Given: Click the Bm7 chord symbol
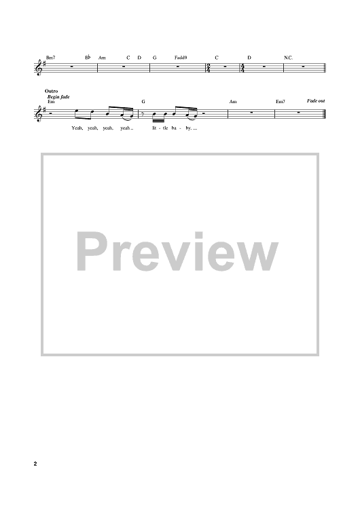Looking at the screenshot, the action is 51,58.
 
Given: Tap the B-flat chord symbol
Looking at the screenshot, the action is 88,58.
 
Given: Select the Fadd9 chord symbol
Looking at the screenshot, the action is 181,58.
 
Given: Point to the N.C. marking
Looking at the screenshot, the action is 288,58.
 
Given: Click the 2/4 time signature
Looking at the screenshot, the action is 209,68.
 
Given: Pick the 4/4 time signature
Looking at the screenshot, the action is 242,68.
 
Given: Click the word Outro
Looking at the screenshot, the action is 52,91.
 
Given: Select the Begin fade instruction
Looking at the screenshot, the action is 58,97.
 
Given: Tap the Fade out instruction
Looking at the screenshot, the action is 316,101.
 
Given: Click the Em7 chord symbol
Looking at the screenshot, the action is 281,102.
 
